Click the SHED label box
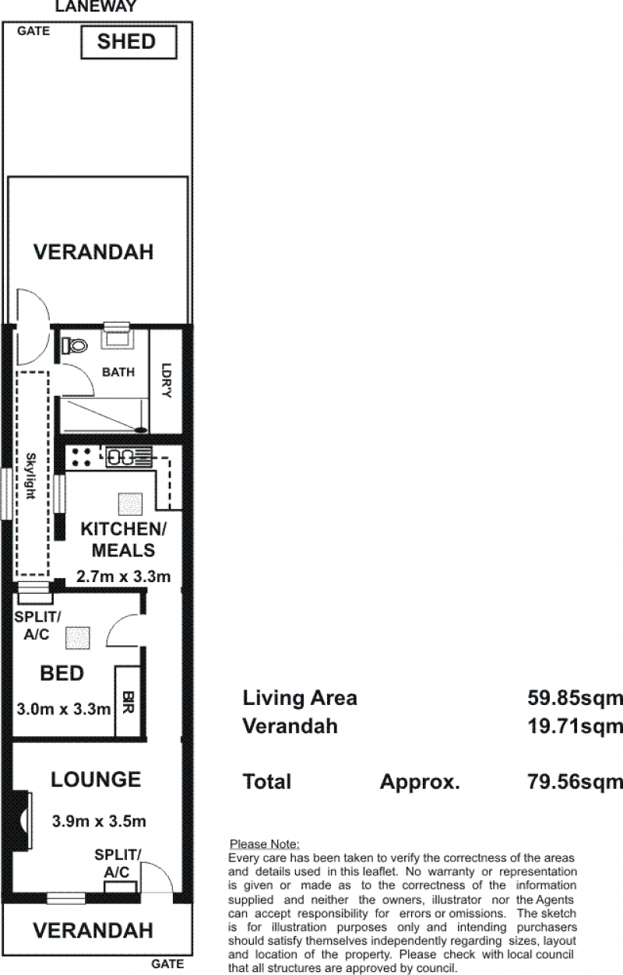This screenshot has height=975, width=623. (129, 42)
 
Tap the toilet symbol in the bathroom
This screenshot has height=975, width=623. (75, 346)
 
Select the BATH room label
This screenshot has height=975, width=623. (118, 372)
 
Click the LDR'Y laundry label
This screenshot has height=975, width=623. (166, 380)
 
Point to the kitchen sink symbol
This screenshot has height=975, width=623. (129, 457)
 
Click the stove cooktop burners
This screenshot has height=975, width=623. (82, 458)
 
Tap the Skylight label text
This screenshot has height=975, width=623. (30, 475)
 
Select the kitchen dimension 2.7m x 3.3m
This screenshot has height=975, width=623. (123, 577)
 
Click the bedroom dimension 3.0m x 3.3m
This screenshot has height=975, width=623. (64, 709)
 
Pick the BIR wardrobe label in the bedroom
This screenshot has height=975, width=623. (128, 703)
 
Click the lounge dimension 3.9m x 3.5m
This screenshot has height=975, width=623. (99, 822)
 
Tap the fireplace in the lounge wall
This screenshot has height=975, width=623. (23, 820)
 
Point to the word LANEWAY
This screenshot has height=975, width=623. (97, 6)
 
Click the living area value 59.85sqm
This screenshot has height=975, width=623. (575, 698)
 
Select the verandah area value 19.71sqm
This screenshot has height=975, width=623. (575, 726)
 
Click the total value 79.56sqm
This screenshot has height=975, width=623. (575, 781)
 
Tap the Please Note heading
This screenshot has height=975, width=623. (265, 844)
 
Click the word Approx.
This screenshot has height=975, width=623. (420, 782)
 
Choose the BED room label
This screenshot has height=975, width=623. (62, 673)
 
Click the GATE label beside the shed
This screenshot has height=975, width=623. (33, 31)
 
